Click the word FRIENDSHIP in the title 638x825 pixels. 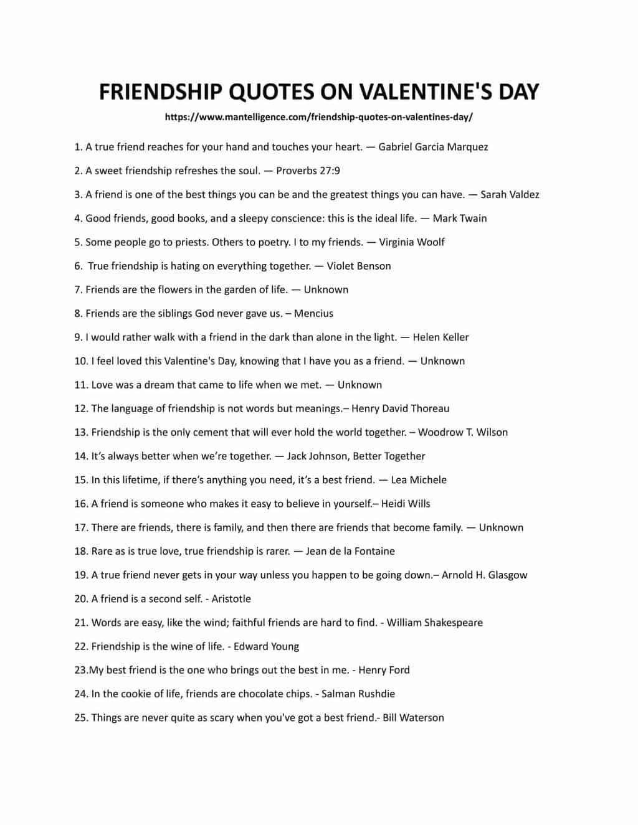pyautogui.click(x=161, y=92)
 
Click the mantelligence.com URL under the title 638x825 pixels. pyautogui.click(x=318, y=116)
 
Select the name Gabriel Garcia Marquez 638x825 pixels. pyautogui.click(x=433, y=147)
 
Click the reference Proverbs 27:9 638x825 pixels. pyautogui.click(x=308, y=171)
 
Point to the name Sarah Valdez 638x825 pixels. pyautogui.click(x=510, y=194)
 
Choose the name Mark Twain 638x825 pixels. pyautogui.click(x=460, y=218)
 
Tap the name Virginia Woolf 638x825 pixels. pyautogui.click(x=412, y=242)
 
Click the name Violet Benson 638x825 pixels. pyautogui.click(x=359, y=266)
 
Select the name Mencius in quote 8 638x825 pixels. pyautogui.click(x=313, y=313)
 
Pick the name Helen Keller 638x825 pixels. pyautogui.click(x=440, y=337)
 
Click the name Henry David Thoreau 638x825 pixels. pyautogui.click(x=400, y=408)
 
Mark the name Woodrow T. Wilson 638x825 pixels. pyautogui.click(x=462, y=432)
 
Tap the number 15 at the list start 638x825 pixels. pyautogui.click(x=80, y=480)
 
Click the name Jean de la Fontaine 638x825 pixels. pyautogui.click(x=350, y=551)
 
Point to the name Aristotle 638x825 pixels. pyautogui.click(x=231, y=599)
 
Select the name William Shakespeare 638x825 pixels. pyautogui.click(x=434, y=623)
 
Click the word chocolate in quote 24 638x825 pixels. pyautogui.click(x=263, y=694)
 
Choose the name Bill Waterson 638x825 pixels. pyautogui.click(x=413, y=717)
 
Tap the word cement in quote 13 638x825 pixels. pyautogui.click(x=211, y=432)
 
